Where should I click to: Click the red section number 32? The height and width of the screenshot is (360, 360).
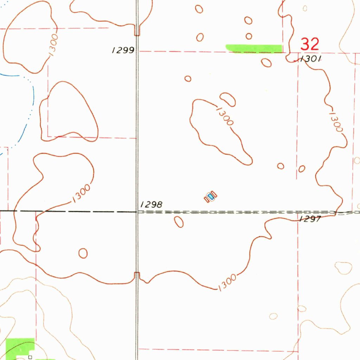310,45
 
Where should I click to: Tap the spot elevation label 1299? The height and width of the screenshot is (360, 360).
123,50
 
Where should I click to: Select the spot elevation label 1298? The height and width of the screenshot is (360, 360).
151,204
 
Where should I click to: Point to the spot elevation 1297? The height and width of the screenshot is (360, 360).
310,219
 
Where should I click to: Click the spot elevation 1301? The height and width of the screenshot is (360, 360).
310,59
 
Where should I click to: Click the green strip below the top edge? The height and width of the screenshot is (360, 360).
254,48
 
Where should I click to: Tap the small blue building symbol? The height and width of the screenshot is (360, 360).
211,196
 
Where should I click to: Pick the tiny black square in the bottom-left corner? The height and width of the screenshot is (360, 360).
30,357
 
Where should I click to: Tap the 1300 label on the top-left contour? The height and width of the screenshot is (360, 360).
53,44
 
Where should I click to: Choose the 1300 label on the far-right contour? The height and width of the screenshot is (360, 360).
336,122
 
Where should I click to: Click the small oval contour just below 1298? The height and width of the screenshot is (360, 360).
179,221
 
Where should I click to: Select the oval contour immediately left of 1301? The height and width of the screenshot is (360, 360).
266,63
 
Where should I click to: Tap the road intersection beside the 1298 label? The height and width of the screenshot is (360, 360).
137,212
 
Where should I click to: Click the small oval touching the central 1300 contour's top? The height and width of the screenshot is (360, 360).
228,99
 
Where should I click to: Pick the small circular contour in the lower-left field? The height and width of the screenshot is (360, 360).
83,253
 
